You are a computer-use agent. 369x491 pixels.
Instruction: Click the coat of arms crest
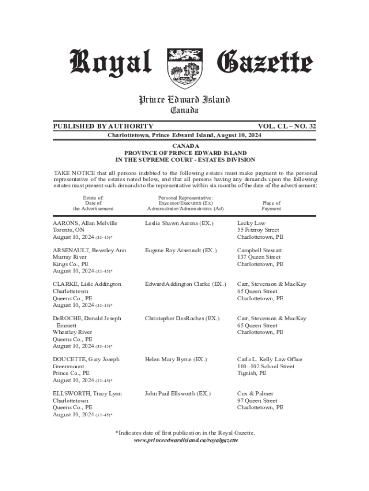tap(184, 69)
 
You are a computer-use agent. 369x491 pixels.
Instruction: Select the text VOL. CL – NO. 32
tap(287, 126)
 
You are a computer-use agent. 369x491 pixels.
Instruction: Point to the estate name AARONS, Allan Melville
tap(85, 223)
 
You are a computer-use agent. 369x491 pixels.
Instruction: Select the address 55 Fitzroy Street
tap(258, 230)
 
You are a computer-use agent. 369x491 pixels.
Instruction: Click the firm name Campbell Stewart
tap(259, 250)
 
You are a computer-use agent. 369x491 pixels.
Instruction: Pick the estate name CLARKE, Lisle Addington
tap(87, 284)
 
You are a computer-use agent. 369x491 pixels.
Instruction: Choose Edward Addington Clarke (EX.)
tap(185, 284)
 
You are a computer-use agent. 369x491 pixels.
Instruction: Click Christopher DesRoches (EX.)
tap(182, 318)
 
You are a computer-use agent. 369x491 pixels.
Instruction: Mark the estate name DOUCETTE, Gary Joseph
tap(86, 359)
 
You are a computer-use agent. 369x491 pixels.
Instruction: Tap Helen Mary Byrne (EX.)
tap(176, 359)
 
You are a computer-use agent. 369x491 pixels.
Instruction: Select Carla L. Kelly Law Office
tap(270, 359)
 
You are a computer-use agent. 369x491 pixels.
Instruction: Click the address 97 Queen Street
tap(257, 400)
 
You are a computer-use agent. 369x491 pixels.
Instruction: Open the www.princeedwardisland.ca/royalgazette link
tap(185, 440)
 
